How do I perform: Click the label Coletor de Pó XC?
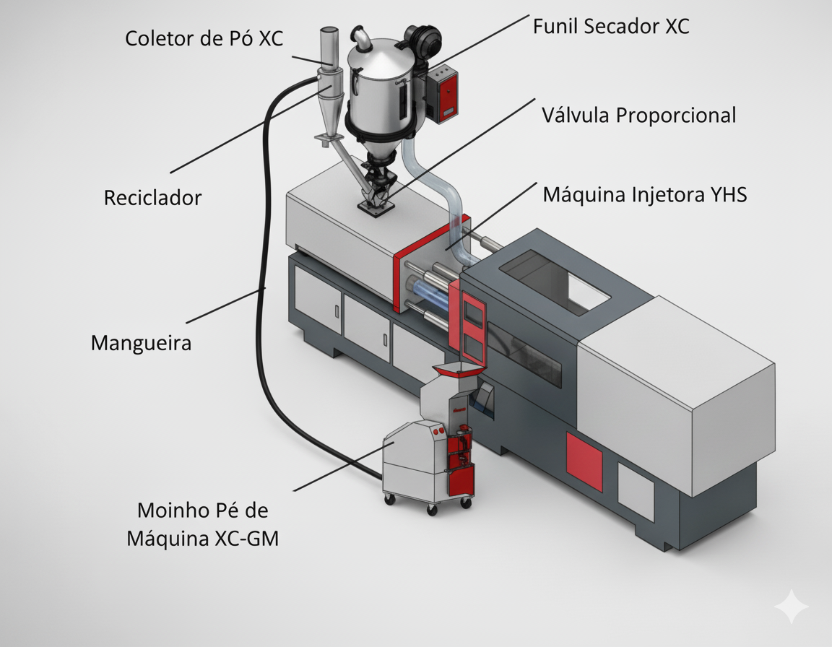[x=204, y=38]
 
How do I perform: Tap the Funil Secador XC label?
[x=611, y=27]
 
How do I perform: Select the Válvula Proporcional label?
[x=639, y=115]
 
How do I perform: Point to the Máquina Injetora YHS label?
[x=644, y=194]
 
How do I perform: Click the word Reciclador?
[x=152, y=198]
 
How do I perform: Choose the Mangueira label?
[x=142, y=342]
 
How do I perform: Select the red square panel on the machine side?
[x=584, y=461]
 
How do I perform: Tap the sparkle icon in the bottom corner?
[x=792, y=606]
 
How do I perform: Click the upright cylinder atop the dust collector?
[x=328, y=47]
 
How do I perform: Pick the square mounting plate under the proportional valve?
[x=375, y=208]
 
